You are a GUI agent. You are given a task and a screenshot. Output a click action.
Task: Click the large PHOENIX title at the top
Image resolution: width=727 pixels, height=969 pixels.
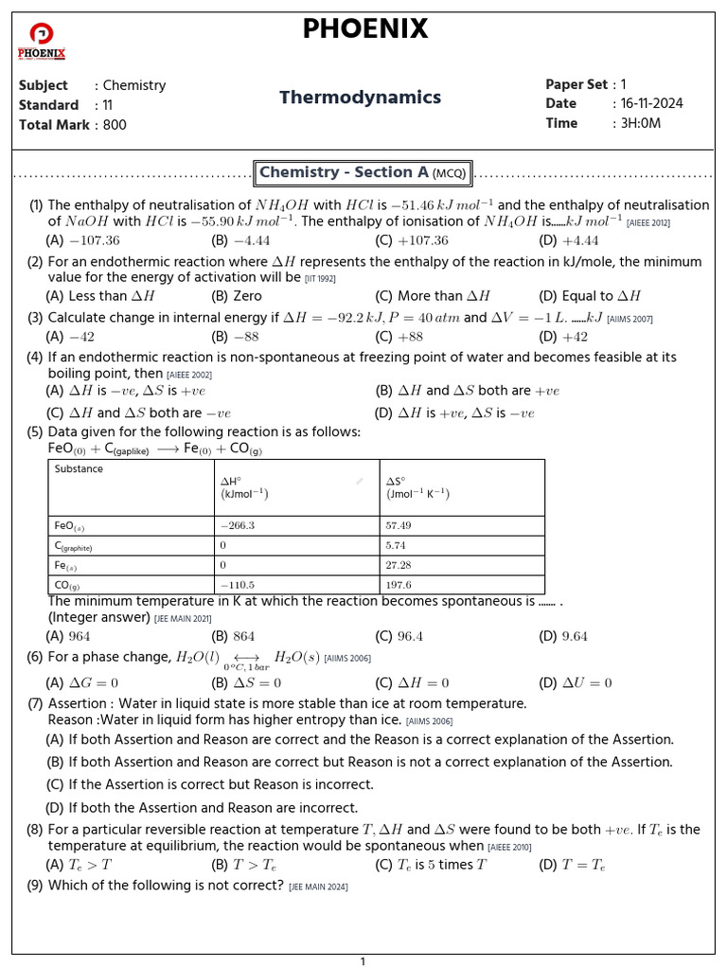click(x=364, y=29)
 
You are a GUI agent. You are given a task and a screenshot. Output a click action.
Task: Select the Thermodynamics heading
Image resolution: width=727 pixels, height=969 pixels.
click(x=360, y=97)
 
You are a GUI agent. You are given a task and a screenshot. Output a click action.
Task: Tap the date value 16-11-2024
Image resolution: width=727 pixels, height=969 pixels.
click(x=648, y=104)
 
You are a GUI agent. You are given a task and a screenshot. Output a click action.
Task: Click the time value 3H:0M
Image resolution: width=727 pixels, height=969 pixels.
click(x=637, y=124)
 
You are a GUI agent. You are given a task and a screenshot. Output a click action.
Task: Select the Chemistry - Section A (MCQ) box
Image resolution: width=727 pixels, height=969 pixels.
click(x=363, y=173)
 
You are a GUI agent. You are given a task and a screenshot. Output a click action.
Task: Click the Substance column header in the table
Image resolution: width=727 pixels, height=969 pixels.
click(x=80, y=469)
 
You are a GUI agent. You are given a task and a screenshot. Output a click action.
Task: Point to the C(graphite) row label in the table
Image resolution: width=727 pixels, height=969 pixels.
click(x=74, y=546)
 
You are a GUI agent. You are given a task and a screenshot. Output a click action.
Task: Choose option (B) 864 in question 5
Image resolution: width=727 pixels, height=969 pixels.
click(x=233, y=637)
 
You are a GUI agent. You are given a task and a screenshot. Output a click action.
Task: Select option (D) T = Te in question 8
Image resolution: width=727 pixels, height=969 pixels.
click(x=572, y=864)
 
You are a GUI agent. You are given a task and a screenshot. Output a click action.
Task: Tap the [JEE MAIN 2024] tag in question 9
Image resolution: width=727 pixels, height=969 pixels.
click(x=319, y=887)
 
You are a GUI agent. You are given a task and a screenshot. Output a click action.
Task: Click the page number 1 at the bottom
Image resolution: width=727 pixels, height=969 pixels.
click(x=363, y=961)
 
